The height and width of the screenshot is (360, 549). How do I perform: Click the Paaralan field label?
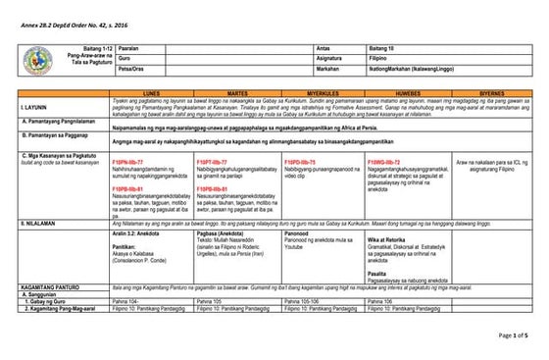click(x=130, y=46)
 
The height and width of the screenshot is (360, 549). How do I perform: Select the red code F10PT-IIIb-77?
click(x=218, y=160)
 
